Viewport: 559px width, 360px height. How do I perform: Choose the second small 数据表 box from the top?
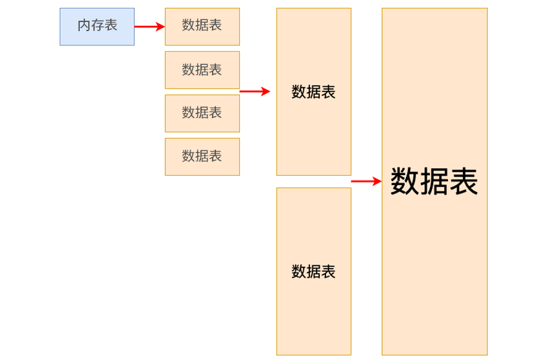202,69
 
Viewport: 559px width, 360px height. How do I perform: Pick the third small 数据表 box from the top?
202,113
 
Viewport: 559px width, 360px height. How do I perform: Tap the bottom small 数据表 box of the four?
202,156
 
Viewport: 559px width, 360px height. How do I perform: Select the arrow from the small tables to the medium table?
254,91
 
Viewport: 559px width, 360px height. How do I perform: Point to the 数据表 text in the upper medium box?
314,92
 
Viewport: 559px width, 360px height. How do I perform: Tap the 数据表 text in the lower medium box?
314,272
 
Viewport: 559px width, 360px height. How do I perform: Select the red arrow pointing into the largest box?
364,182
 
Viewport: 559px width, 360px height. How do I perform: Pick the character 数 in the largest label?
405,182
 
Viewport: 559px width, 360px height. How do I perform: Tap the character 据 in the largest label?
434,182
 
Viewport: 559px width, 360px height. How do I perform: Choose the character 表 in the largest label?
464,182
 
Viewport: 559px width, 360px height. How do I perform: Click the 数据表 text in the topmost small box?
202,26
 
